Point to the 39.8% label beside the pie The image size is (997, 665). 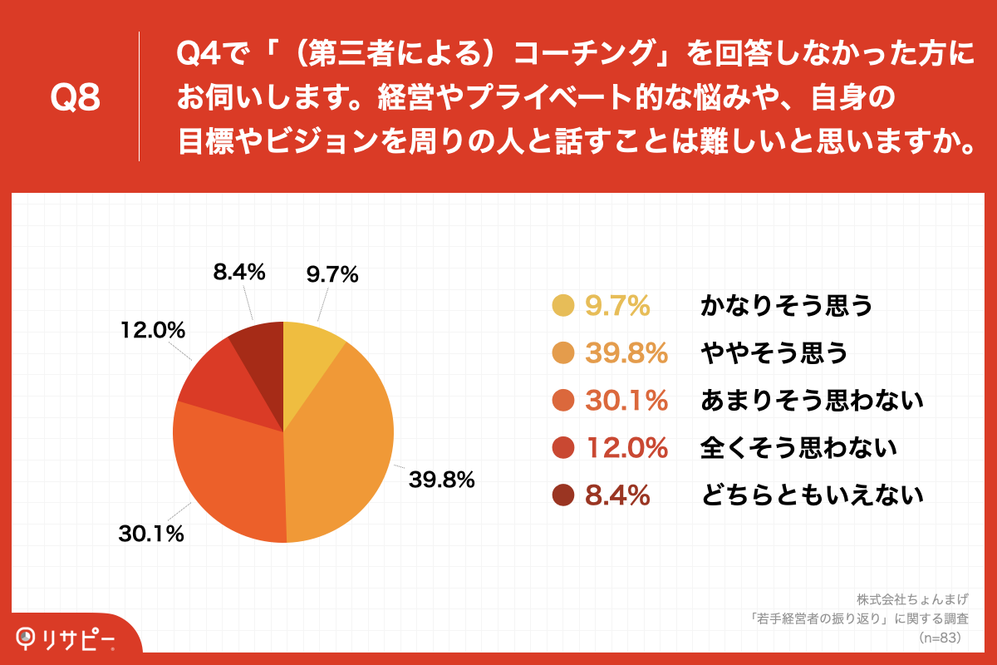(440, 480)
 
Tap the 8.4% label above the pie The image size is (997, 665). (238, 272)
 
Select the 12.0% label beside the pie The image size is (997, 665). (151, 330)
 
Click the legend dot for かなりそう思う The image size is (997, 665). (563, 306)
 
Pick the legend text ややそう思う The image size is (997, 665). (774, 354)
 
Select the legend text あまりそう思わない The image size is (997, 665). (812, 401)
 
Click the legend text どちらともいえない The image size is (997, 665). (812, 496)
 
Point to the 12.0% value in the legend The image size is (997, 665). (626, 449)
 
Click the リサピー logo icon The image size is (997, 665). (27, 636)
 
